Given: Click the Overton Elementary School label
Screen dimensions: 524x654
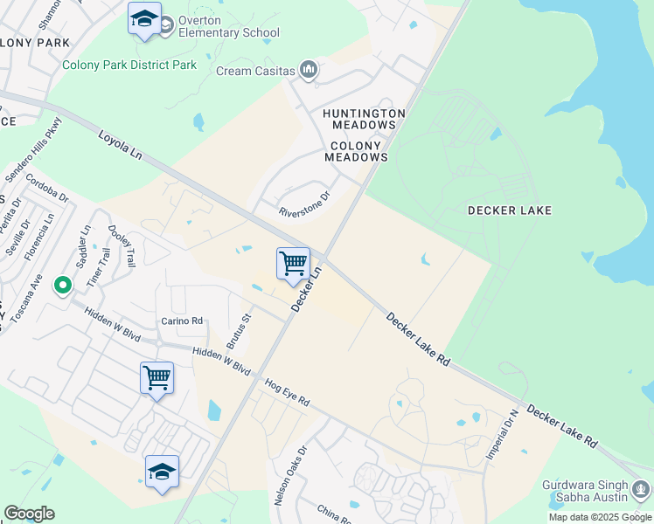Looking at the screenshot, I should coord(228,26).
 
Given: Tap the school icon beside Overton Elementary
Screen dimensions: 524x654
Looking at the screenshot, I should coord(144,19).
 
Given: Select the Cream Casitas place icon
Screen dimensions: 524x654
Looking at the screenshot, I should coord(308,69).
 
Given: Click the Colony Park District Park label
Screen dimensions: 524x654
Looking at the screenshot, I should coord(129,65).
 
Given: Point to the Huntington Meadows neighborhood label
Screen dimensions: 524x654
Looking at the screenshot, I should coord(364,120).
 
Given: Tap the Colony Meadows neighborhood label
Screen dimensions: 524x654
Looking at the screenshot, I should coord(356,152).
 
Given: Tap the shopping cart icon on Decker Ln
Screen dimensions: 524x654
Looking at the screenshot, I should coord(293,264).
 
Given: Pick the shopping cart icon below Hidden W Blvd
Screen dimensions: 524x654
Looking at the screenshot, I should coord(157,378).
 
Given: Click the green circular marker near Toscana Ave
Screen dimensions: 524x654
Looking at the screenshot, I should coord(62,285).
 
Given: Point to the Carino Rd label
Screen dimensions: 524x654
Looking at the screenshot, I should coord(182,321).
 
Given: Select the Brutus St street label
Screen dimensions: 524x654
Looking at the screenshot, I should coord(239,331).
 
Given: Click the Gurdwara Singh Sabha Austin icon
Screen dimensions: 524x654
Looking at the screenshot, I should coord(641,490).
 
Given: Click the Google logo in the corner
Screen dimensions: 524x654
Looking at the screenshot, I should coord(29,514).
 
